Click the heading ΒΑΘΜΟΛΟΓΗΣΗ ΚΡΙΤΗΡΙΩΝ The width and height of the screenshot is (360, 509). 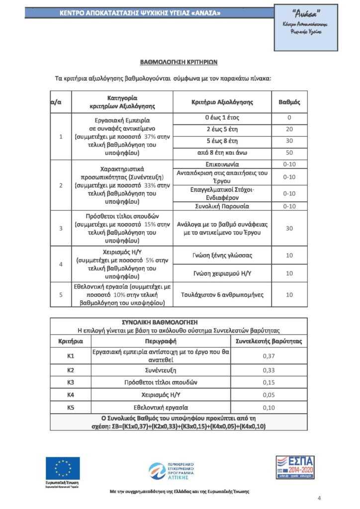(x=179, y=62)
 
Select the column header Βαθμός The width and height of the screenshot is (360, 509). (x=289, y=102)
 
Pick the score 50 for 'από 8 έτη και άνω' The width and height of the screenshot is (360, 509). (x=289, y=153)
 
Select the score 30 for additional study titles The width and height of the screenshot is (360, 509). (x=289, y=228)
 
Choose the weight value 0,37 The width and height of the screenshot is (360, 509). (x=269, y=356)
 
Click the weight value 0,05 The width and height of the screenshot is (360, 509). (x=269, y=395)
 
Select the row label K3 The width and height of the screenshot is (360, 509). (x=71, y=382)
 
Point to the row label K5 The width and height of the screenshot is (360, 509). (x=71, y=408)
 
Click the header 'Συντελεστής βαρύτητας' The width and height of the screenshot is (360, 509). (x=269, y=341)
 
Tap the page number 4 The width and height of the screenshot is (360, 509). (x=319, y=498)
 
